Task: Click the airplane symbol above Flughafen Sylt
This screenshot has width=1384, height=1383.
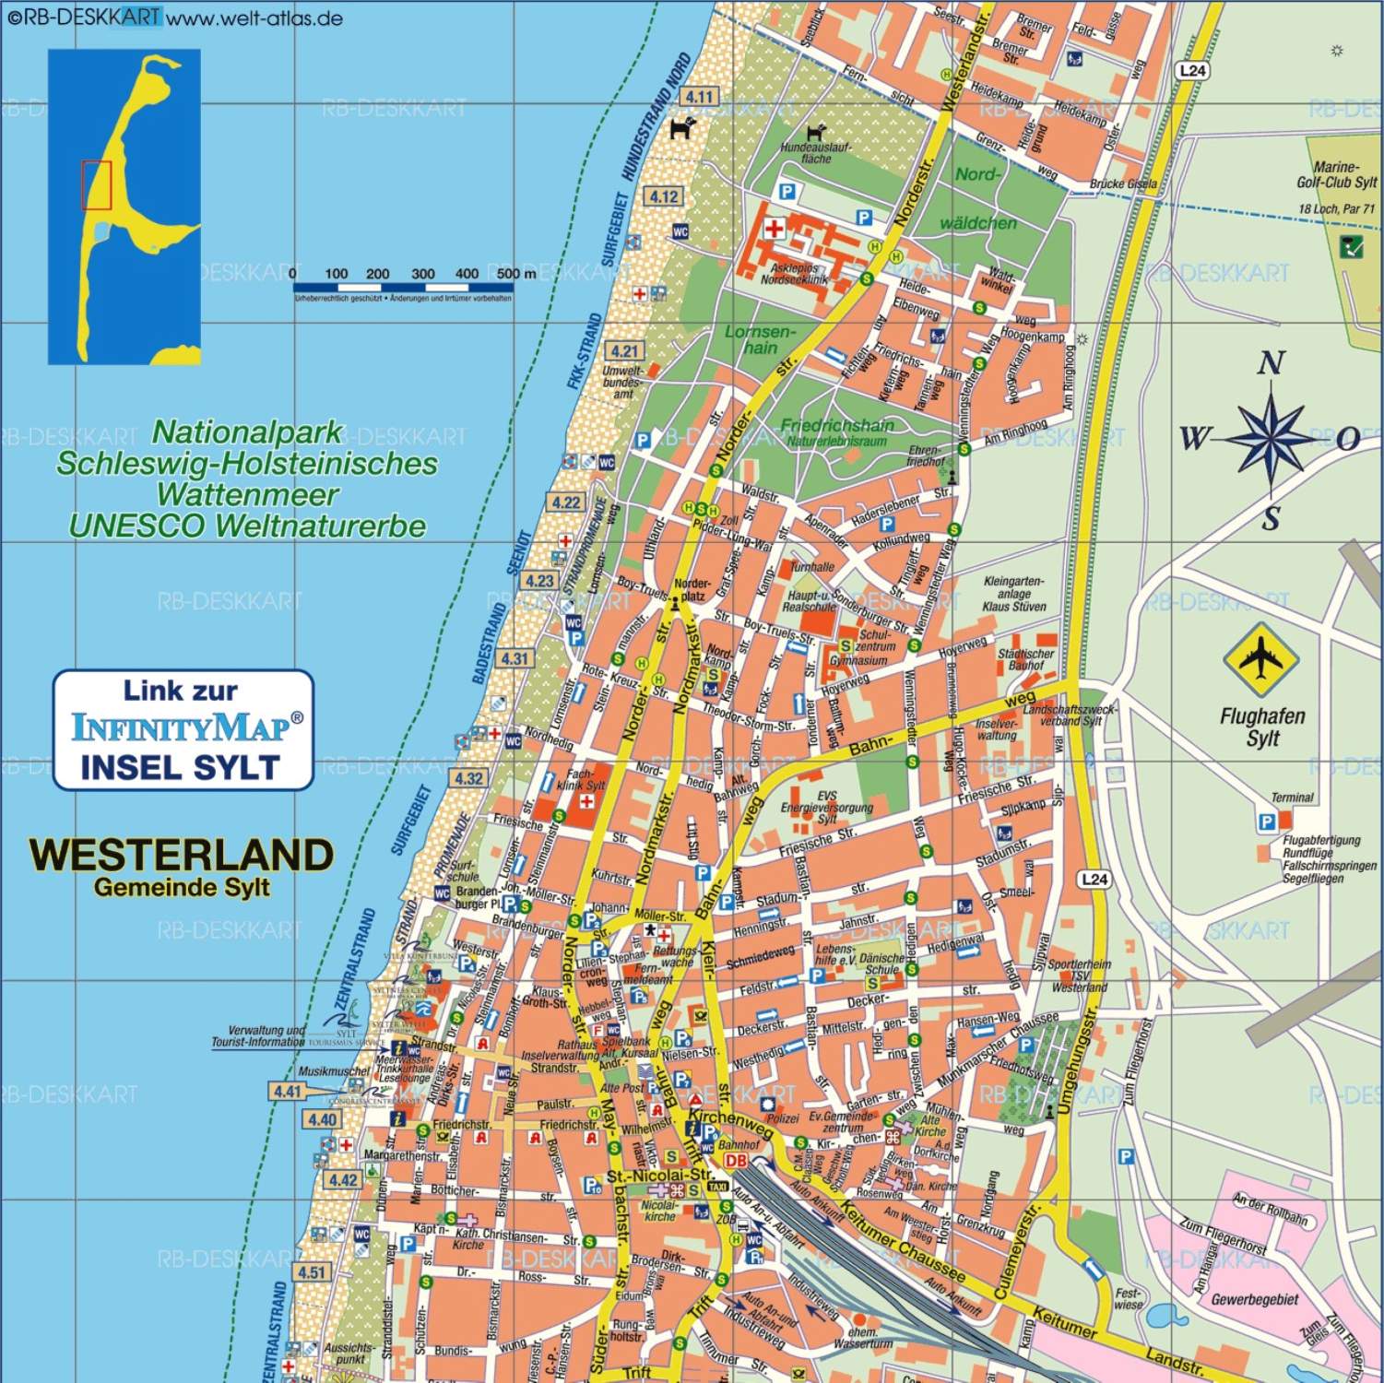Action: [x=1260, y=659]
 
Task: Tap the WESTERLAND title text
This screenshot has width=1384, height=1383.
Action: [x=181, y=855]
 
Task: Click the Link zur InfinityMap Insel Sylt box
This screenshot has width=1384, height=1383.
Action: [x=183, y=729]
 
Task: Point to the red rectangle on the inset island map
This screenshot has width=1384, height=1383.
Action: [x=96, y=184]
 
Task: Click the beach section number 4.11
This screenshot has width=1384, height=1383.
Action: [x=699, y=97]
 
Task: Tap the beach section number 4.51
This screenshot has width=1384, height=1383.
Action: [x=312, y=1272]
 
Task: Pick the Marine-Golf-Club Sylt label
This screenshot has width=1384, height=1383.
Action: [x=1336, y=174]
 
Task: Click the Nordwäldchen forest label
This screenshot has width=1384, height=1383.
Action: [x=977, y=198]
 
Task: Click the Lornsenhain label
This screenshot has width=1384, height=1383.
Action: [x=760, y=339]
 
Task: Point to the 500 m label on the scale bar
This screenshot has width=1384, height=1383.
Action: [x=515, y=274]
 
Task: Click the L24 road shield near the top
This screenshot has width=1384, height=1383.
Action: [x=1192, y=71]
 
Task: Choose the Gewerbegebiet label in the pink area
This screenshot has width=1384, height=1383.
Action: [x=1254, y=1299]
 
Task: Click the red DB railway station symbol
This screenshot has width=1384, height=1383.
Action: [x=735, y=1161]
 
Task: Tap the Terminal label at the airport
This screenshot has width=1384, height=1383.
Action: [x=1292, y=798]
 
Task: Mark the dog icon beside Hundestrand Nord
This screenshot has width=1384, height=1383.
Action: [x=682, y=128]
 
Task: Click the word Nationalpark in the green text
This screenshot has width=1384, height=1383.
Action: [x=247, y=431]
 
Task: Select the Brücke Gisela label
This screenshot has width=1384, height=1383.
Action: [x=1122, y=183]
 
